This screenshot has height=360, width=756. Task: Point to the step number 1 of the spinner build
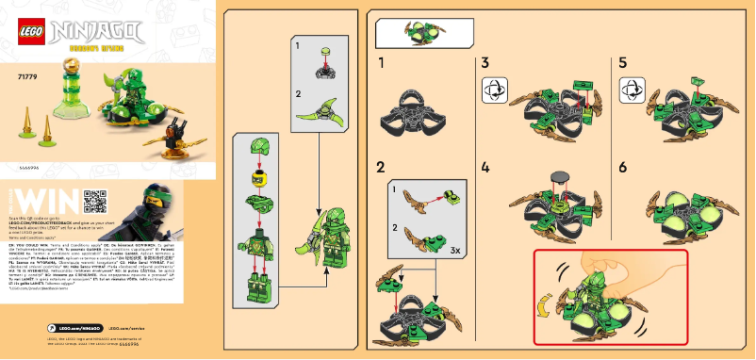coord(382,64)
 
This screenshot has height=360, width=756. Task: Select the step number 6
coord(623,167)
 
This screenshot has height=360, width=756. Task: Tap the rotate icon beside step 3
coord(492,90)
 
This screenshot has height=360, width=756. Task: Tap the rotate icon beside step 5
coord(630,90)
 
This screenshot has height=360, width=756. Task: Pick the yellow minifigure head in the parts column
coord(255,177)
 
